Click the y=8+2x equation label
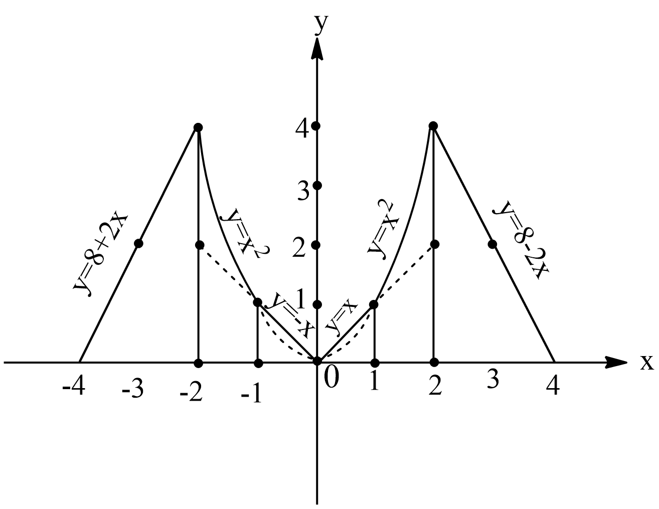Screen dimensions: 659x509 [101, 255]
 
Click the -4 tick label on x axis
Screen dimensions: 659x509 [73, 387]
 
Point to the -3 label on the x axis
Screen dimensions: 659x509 [132, 389]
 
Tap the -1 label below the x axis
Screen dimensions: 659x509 [251, 394]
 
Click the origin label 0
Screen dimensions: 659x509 [332, 378]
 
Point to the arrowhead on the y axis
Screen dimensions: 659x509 [317, 49]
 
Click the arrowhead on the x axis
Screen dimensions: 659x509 [616, 362]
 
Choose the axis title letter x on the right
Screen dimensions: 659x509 [647, 362]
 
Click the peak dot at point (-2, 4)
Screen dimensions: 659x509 [198, 127]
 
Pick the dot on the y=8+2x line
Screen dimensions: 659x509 [138, 243]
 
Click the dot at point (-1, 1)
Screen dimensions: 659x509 [257, 302]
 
